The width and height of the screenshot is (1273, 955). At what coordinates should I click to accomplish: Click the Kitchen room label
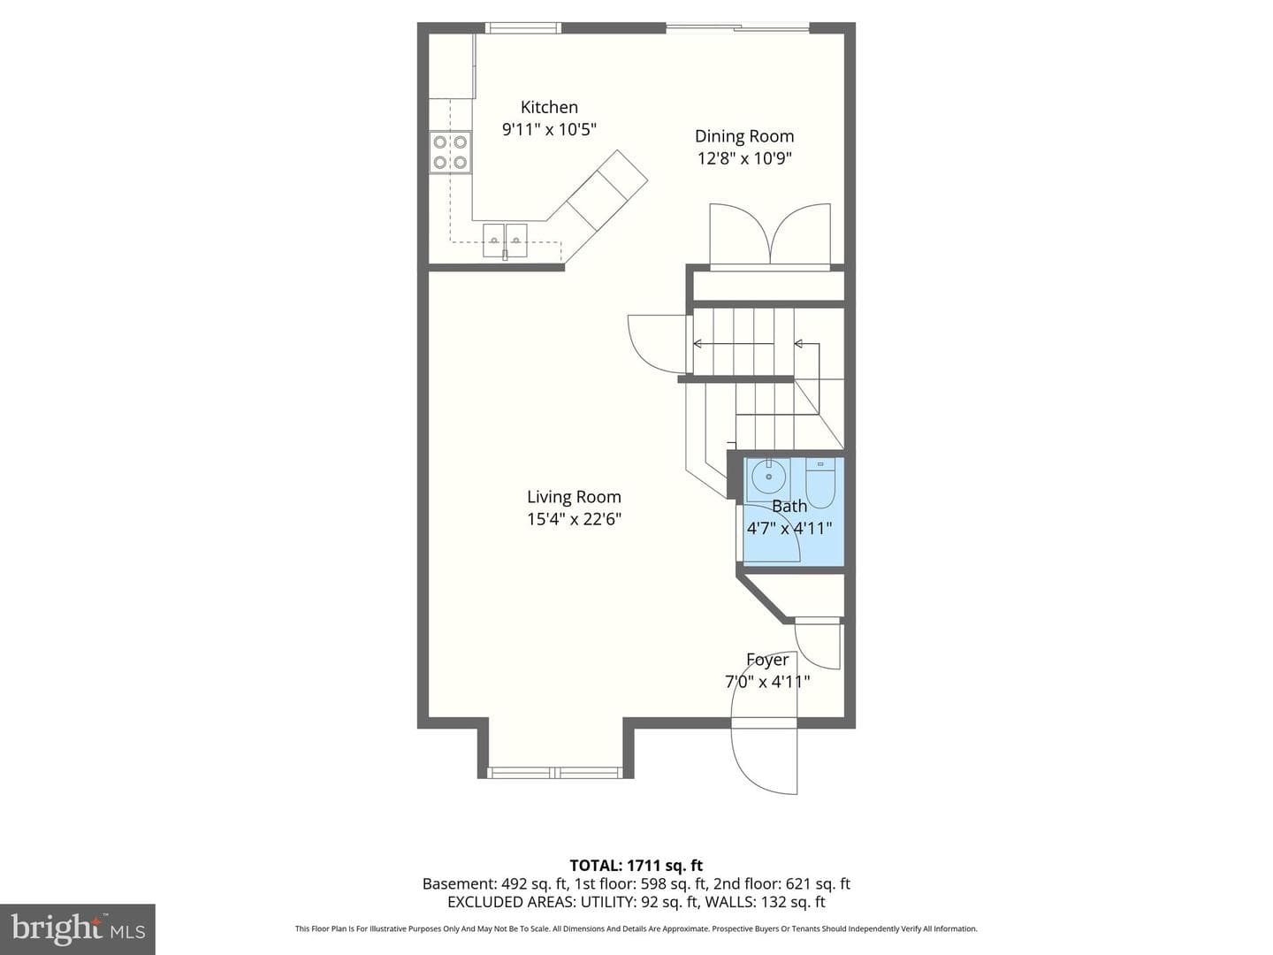coord(549,107)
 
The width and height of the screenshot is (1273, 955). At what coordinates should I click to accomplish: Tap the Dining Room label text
coord(744,136)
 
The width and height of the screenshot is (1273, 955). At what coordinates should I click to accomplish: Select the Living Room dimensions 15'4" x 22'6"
coord(574,518)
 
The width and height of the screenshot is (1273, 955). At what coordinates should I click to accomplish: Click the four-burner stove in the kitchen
coord(450,152)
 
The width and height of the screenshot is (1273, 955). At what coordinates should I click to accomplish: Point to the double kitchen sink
coord(505,240)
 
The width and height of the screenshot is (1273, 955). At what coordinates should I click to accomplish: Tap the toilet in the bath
coord(820,483)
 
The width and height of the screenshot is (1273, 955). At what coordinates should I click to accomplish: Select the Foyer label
coord(766,660)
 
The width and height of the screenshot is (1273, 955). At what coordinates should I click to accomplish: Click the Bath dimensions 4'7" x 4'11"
coord(789,528)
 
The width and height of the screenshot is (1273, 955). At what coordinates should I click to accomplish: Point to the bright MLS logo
coord(78,928)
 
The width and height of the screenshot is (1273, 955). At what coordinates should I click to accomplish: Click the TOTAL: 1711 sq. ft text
coord(636,866)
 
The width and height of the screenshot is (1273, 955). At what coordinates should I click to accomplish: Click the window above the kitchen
coord(523,27)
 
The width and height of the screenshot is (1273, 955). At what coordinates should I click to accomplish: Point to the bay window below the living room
coord(555,772)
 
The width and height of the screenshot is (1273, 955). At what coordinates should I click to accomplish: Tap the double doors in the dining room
coord(770,237)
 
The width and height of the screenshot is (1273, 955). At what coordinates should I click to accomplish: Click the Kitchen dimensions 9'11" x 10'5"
coord(549,129)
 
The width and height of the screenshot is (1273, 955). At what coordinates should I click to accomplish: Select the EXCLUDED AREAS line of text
coord(636,902)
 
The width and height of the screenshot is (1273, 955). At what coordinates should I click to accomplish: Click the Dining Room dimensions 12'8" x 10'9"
coord(744,158)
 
